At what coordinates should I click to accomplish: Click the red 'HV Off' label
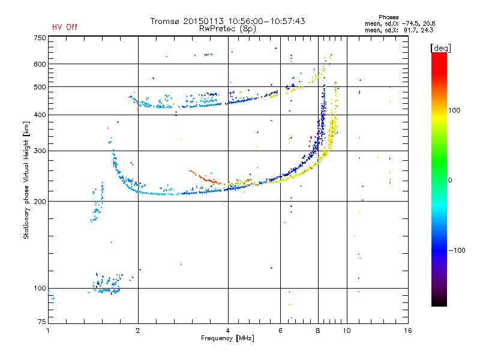tap(65, 27)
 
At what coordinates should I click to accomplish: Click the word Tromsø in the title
tap(164, 21)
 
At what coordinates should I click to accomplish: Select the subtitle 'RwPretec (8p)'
tap(227, 28)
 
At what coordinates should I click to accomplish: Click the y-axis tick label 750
tap(40, 38)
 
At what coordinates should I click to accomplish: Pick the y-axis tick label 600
tap(40, 64)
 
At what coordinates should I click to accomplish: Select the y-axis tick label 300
tap(40, 151)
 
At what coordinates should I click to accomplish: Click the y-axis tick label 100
tap(40, 288)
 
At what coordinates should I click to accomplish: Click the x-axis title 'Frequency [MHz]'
tap(227, 339)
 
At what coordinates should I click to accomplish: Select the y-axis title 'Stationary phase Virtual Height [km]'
tap(27, 181)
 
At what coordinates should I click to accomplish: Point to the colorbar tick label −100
tap(458, 250)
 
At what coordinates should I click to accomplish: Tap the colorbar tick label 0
tap(451, 180)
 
